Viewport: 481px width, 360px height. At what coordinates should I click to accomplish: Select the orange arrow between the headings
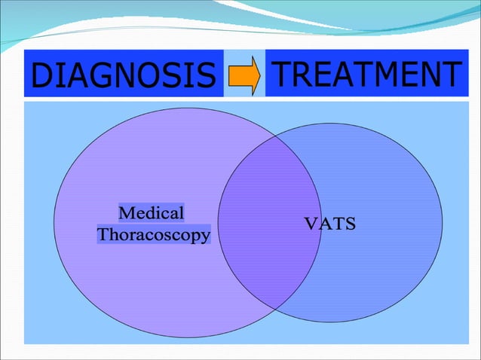click(x=244, y=75)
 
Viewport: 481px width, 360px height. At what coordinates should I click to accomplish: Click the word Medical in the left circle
click(x=152, y=213)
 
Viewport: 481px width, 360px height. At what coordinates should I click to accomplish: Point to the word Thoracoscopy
click(x=154, y=234)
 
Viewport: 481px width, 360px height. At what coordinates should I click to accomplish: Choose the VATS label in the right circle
click(x=329, y=224)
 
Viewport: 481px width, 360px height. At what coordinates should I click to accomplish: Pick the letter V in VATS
click(x=309, y=224)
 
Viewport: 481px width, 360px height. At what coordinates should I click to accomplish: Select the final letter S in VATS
click(x=351, y=224)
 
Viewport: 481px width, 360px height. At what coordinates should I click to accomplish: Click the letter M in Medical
click(x=127, y=213)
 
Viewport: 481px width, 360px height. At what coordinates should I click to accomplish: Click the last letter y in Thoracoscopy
click(x=204, y=236)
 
